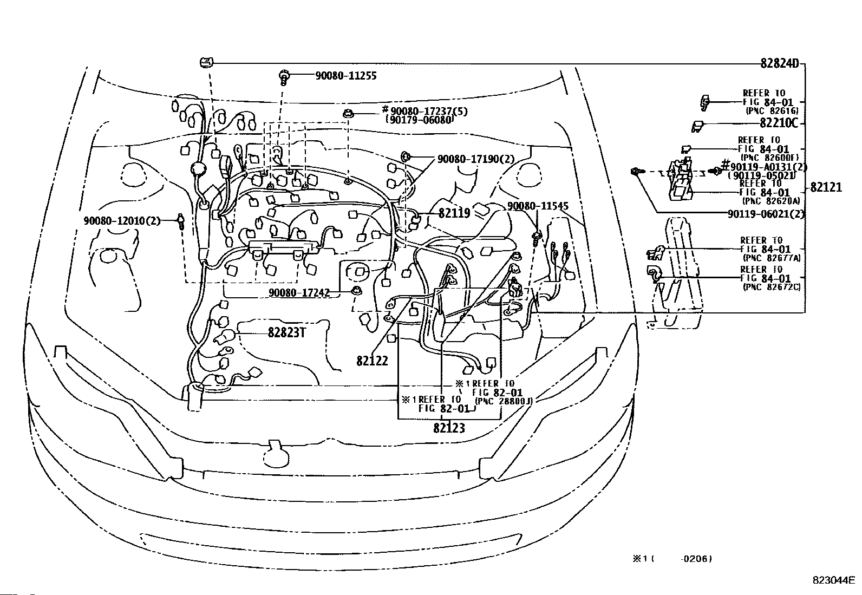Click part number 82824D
(779, 63)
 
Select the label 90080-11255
(345, 76)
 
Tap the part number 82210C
(779, 123)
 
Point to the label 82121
(826, 187)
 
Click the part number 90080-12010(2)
(122, 221)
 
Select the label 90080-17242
(299, 292)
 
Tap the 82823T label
(286, 332)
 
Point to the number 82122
(372, 361)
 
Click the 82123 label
(449, 428)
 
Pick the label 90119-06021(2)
(766, 214)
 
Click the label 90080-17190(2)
(475, 159)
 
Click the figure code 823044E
(833, 580)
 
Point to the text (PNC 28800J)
(504, 401)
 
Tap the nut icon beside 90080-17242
(356, 292)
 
